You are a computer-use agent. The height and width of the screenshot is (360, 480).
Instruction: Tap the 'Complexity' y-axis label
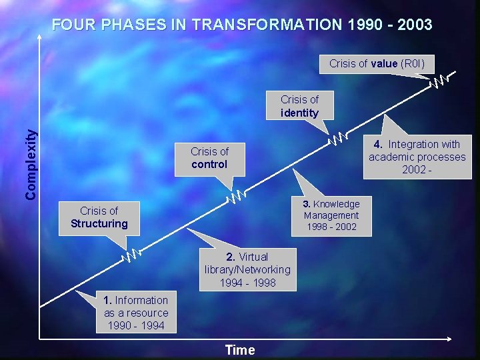tap(31, 164)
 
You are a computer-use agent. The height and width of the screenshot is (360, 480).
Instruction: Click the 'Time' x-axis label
tap(240, 350)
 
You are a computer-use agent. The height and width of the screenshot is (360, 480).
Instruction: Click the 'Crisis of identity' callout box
tap(299, 106)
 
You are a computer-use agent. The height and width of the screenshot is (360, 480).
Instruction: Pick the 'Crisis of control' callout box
tap(209, 158)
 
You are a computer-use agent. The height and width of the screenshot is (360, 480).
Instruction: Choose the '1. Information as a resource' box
tap(136, 313)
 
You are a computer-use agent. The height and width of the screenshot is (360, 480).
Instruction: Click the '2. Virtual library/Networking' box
tap(247, 269)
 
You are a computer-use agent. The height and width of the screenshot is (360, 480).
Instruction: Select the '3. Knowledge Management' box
tap(331, 215)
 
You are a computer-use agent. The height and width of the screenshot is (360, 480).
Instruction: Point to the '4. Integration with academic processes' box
tap(417, 157)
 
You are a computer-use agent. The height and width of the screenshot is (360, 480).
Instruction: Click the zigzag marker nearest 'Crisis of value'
tap(439, 81)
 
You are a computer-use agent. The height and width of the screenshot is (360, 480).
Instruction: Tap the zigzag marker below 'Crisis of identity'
tap(339, 138)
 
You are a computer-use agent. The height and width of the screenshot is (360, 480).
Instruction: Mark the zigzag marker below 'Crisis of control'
tap(237, 196)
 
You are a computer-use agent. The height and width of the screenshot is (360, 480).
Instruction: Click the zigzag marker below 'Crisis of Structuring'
tap(132, 254)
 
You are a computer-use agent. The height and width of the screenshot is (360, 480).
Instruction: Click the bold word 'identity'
tap(299, 113)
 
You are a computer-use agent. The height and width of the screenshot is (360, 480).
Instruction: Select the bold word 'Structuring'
tap(99, 224)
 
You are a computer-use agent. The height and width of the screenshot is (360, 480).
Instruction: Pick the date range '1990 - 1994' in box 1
tap(136, 325)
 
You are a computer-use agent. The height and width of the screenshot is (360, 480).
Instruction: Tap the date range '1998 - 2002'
tap(331, 227)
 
